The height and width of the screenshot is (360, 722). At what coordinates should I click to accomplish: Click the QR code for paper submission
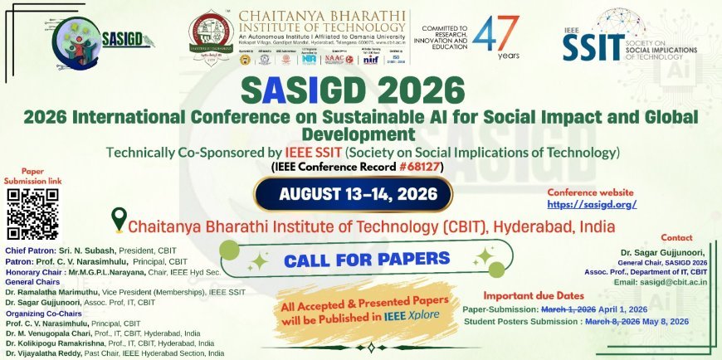tap(33, 213)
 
